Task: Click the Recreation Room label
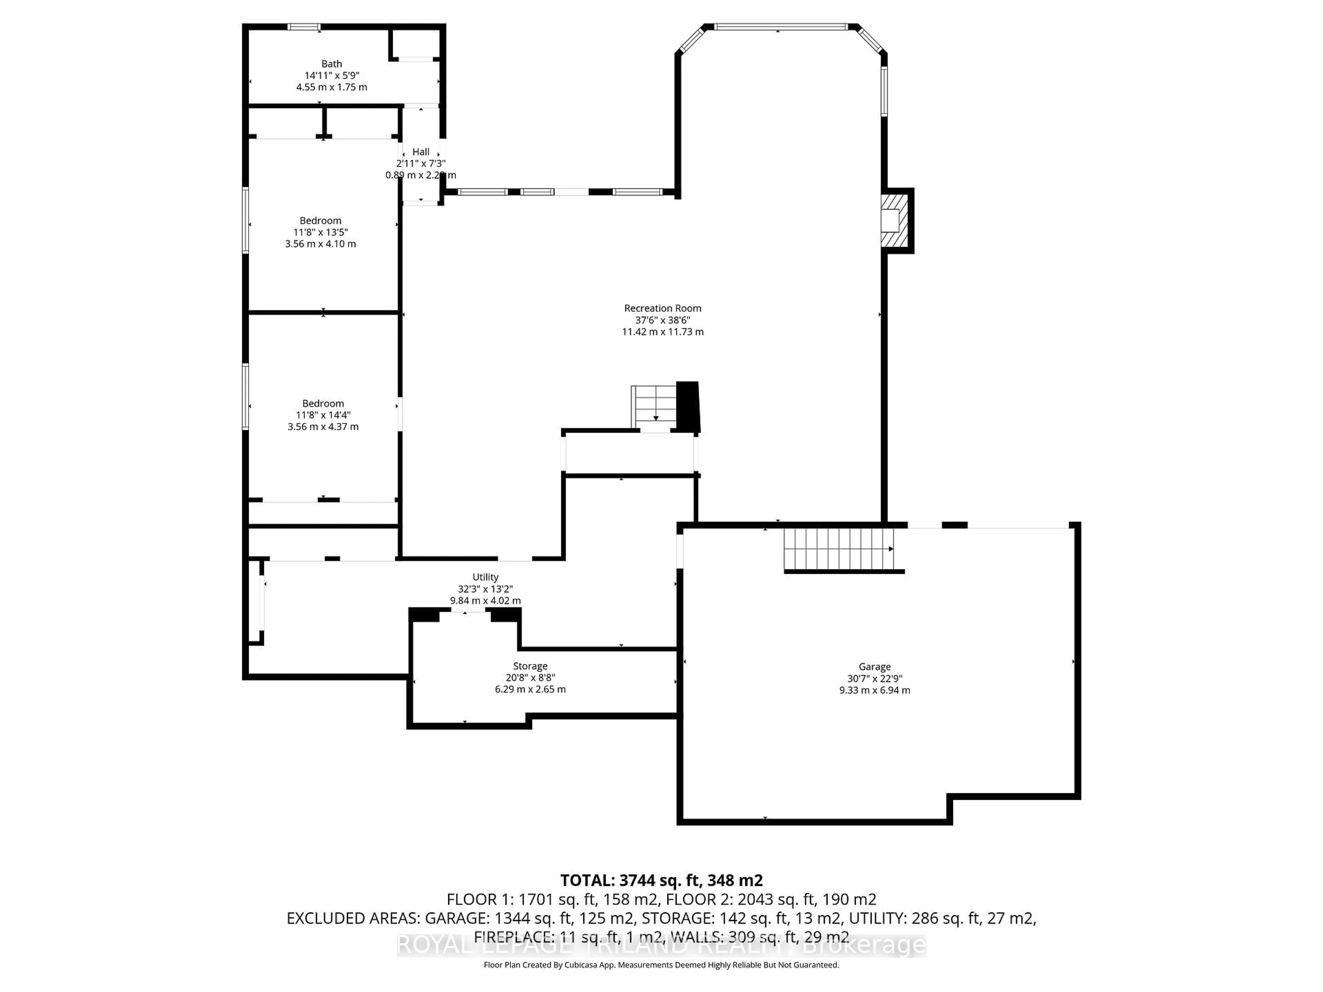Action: [x=662, y=308]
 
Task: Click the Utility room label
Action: [x=485, y=577]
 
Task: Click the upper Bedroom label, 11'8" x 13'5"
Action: [x=320, y=221]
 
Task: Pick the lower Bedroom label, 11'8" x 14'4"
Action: [x=323, y=404]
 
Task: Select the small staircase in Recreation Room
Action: [x=654, y=406]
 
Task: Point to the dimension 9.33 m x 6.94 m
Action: [x=874, y=690]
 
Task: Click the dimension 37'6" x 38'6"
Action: [x=662, y=320]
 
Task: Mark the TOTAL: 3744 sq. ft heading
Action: [x=661, y=880]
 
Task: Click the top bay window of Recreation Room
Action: [x=780, y=27]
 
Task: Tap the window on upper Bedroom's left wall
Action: [x=245, y=220]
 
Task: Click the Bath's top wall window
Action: [x=304, y=27]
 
